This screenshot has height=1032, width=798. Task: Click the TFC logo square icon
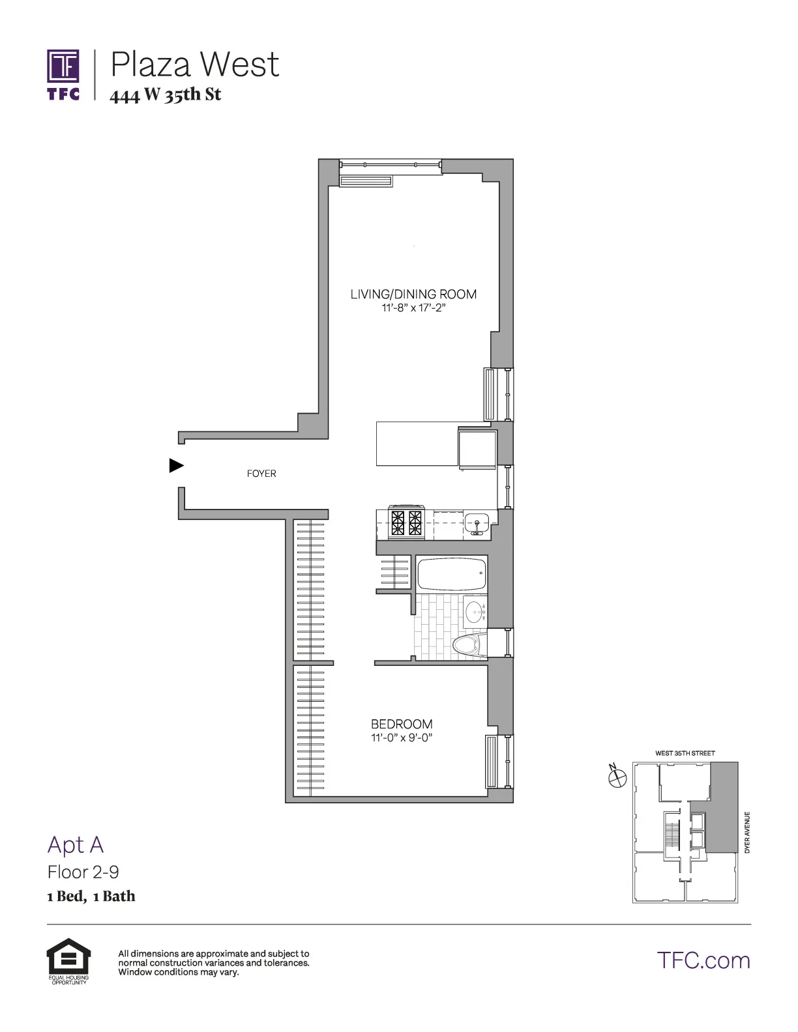(x=63, y=66)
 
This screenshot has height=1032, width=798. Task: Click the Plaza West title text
(x=194, y=64)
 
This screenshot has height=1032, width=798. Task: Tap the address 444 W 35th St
(x=166, y=95)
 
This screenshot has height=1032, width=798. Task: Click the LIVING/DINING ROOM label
(x=413, y=294)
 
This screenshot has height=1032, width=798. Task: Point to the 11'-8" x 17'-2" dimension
(x=413, y=308)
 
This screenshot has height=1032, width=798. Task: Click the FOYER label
(x=261, y=474)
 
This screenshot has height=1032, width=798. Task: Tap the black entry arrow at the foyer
(x=176, y=465)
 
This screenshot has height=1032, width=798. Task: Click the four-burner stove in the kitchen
(x=406, y=523)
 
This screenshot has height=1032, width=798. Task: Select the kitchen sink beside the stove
(x=477, y=523)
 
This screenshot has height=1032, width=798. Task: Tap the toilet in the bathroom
(x=467, y=646)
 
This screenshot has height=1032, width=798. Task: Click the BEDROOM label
(x=402, y=724)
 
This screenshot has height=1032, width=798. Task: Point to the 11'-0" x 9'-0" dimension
(x=402, y=738)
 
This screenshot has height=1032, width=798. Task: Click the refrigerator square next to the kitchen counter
(x=477, y=447)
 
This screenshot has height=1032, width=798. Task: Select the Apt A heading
(x=76, y=845)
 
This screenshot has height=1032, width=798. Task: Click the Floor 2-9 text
(x=83, y=872)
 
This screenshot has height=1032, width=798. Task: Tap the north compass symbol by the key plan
(x=617, y=776)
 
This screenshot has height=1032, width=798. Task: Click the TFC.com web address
(x=703, y=960)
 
